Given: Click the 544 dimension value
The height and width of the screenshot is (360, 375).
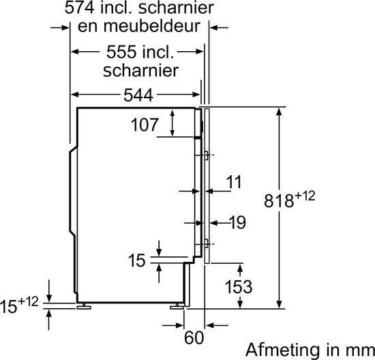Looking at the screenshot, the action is (138, 95).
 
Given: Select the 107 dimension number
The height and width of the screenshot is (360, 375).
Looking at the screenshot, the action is (145, 125).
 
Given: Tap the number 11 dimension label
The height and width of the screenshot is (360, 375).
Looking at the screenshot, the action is (234, 182).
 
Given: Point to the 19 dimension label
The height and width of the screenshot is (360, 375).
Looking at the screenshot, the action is (237, 222).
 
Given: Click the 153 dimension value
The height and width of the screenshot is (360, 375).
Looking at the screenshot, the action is (239, 286).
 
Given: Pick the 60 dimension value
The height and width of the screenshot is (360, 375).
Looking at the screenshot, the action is (194, 337).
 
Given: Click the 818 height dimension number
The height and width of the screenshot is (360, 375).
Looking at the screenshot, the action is (279, 200).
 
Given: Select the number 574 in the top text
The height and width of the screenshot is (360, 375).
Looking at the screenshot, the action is (80, 7).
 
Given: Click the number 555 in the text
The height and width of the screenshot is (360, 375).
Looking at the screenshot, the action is (121, 52).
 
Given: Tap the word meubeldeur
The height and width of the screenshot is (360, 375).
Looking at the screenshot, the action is (152, 26).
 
